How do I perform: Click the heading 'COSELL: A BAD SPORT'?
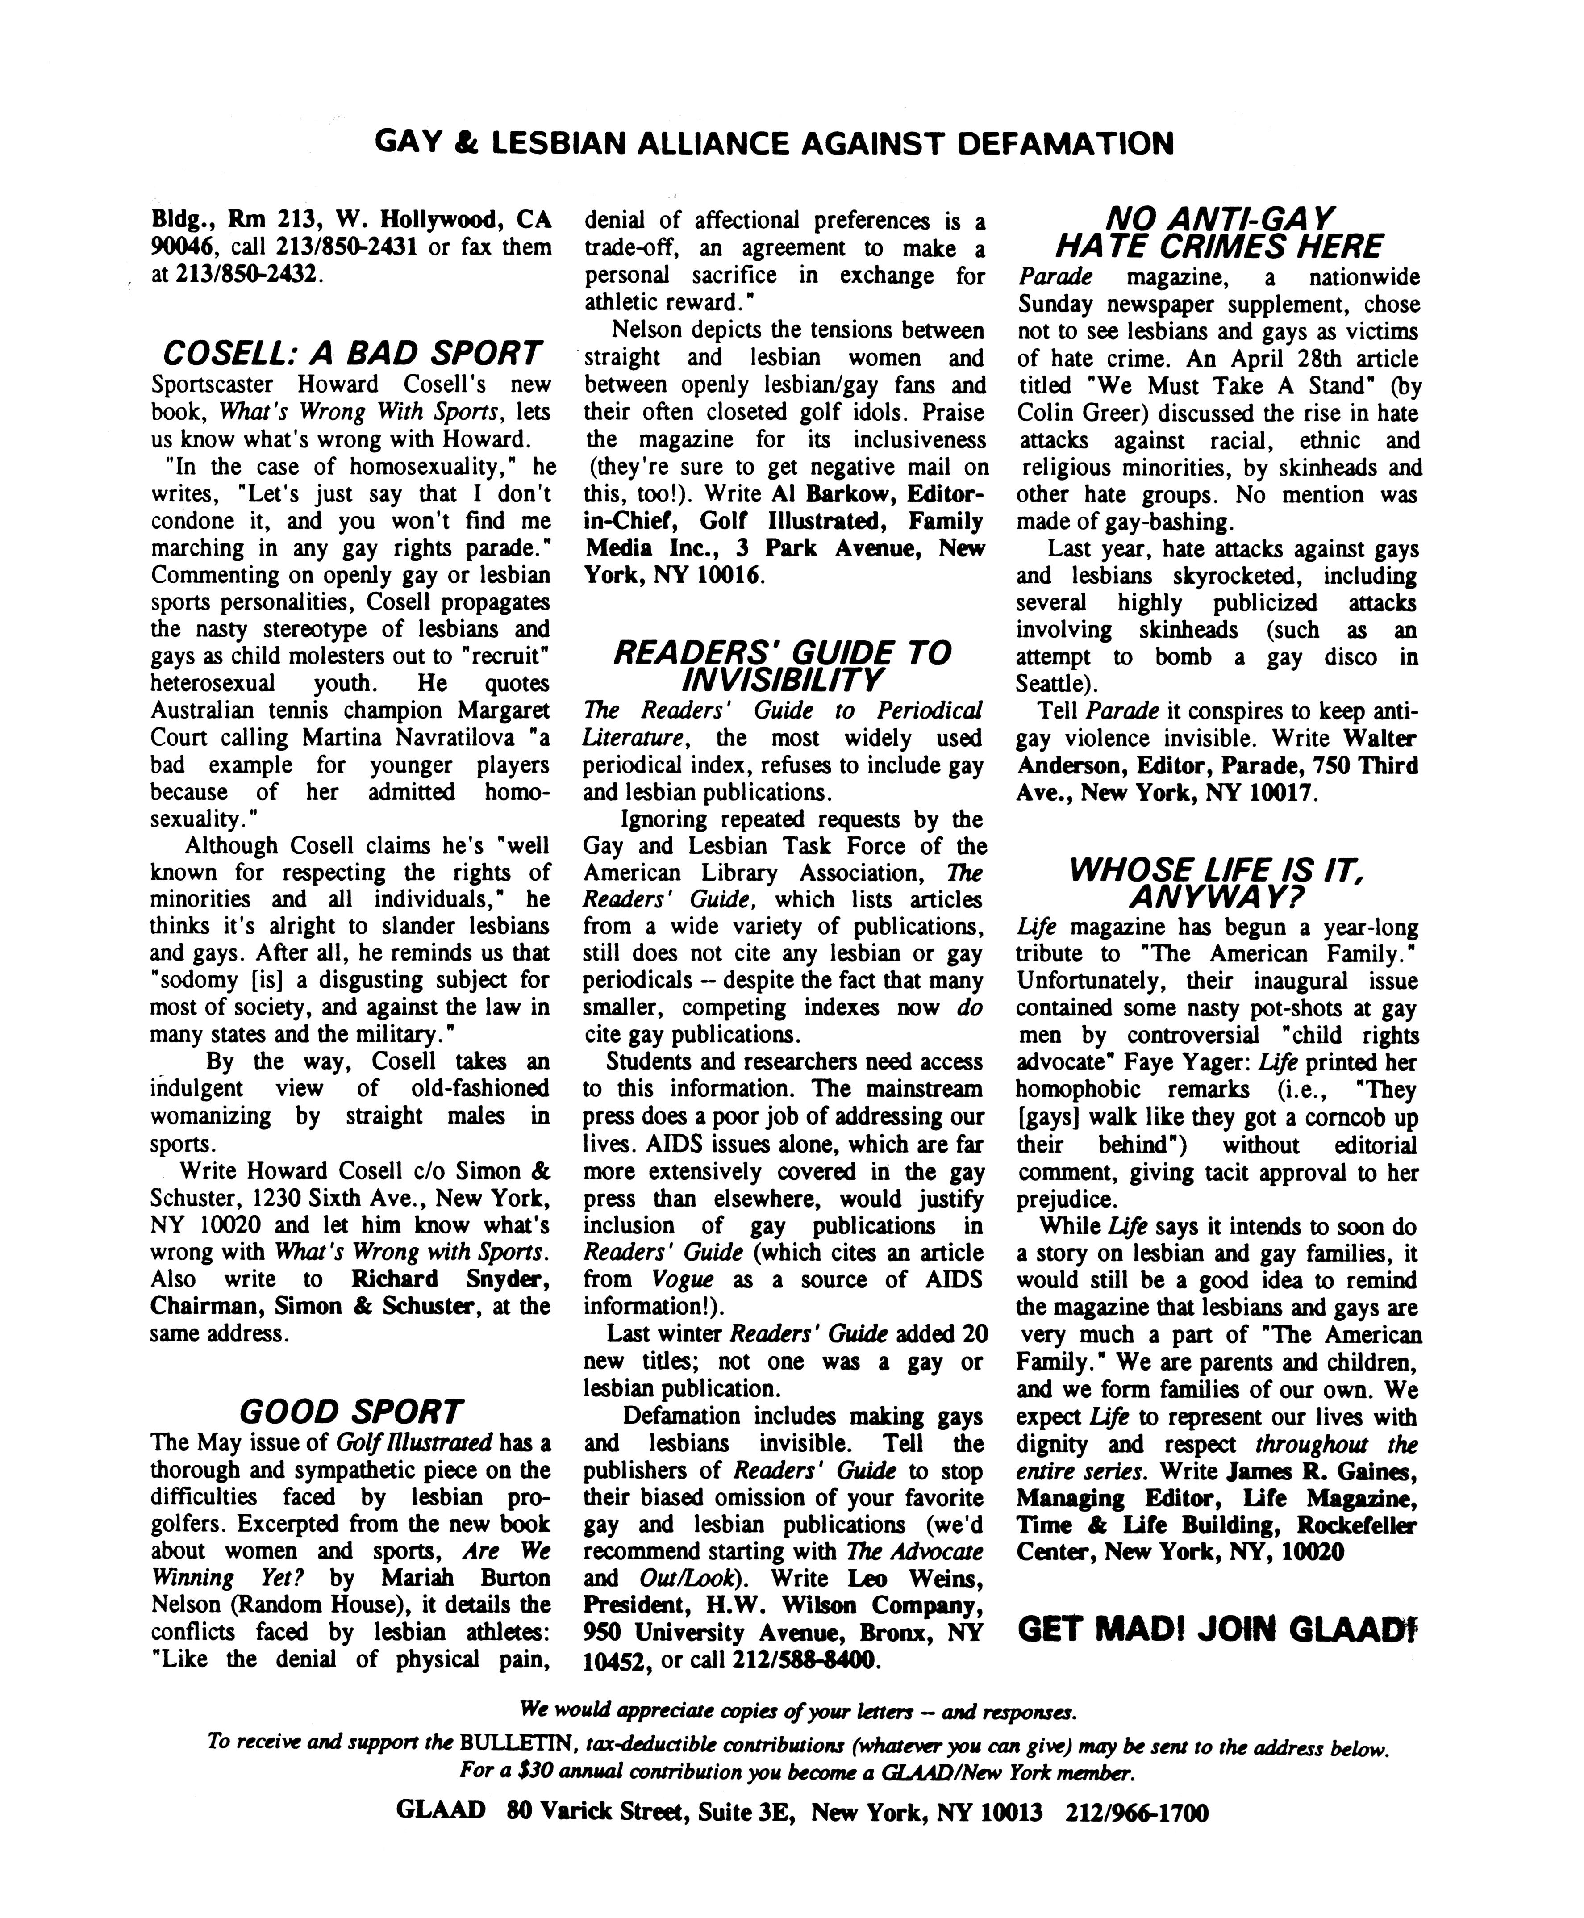[x=351, y=353]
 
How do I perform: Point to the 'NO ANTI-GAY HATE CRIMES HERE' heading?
[x=1218, y=233]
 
